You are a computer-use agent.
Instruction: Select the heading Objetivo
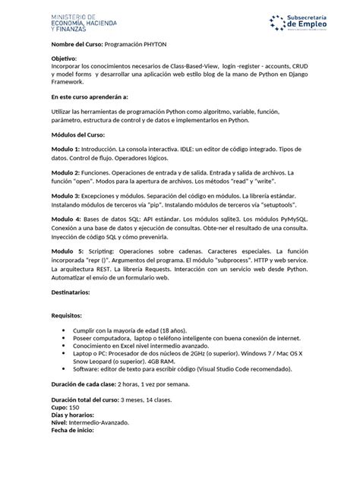[65, 58]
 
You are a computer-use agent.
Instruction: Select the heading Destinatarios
[71, 291]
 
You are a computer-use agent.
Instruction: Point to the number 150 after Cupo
[74, 408]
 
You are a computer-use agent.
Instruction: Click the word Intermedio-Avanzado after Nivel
[99, 423]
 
